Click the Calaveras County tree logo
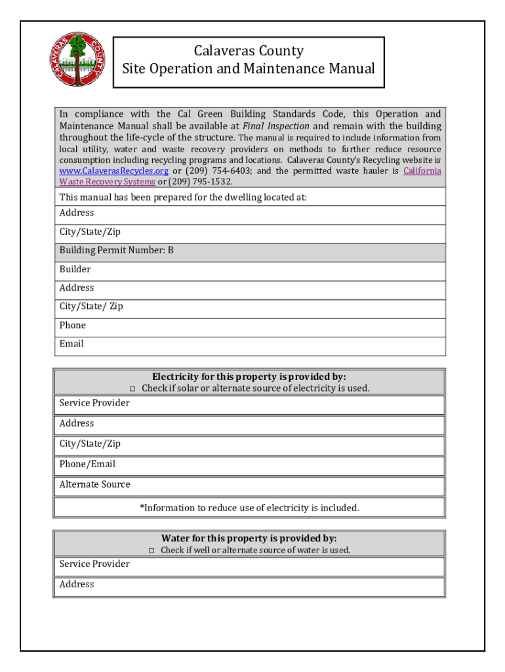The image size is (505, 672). click(x=77, y=59)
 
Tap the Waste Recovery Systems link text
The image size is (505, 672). click(x=107, y=181)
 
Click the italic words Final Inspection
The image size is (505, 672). click(x=275, y=126)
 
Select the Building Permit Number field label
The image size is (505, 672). click(x=116, y=251)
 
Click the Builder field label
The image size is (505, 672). click(x=75, y=269)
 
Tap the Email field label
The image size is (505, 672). click(x=71, y=344)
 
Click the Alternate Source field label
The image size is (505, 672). click(x=94, y=484)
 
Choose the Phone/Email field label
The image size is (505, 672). click(x=87, y=464)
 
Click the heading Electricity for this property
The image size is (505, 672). click(x=249, y=377)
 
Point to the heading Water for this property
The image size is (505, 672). click(x=249, y=538)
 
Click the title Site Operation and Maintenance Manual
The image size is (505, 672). click(x=249, y=69)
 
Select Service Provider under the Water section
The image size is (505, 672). click(x=94, y=564)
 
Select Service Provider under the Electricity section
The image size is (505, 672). click(x=94, y=403)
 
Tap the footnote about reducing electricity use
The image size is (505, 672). click(x=249, y=507)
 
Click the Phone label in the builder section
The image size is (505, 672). click(x=72, y=325)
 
